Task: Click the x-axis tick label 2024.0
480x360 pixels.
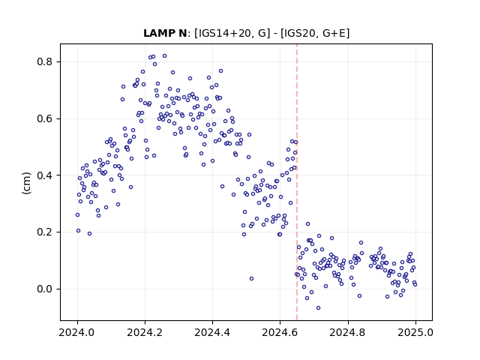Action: pyautogui.click(x=77, y=332)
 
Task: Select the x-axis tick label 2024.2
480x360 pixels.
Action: pyautogui.click(x=145, y=332)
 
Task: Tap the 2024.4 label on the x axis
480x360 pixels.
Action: pyautogui.click(x=212, y=332)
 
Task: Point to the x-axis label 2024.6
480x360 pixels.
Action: pyautogui.click(x=280, y=332)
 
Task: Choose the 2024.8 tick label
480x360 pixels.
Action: pyautogui.click(x=348, y=332)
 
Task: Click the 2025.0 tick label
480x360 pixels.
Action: pyautogui.click(x=415, y=332)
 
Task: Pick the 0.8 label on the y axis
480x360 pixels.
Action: pyautogui.click(x=45, y=61)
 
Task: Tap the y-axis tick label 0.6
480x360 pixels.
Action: pyautogui.click(x=45, y=118)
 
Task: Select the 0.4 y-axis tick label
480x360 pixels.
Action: pyautogui.click(x=45, y=175)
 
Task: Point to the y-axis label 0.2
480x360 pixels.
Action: pyautogui.click(x=45, y=232)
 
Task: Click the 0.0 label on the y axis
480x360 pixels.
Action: pyautogui.click(x=45, y=289)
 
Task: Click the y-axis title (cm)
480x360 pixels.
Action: pyautogui.click(x=27, y=183)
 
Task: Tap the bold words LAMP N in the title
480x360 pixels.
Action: pyautogui.click(x=165, y=33)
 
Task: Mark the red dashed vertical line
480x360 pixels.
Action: pyautogui.click(x=297, y=182)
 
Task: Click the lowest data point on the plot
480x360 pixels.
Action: pyautogui.click(x=318, y=307)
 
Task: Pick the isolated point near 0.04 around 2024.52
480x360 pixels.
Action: pyautogui.click(x=252, y=278)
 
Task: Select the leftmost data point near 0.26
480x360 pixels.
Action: pyautogui.click(x=77, y=215)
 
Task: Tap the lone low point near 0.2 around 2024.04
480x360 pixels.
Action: pyautogui.click(x=90, y=233)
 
